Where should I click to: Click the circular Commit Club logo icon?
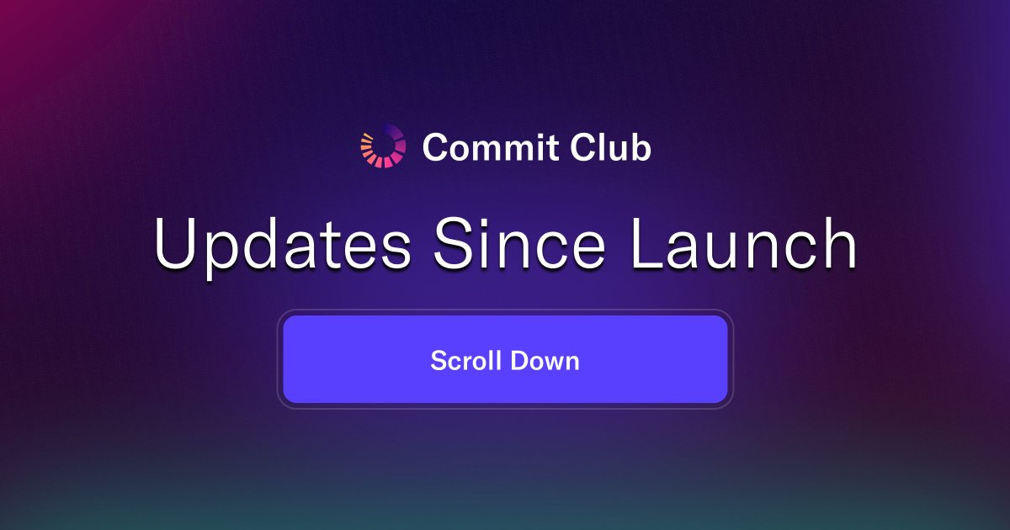(383, 146)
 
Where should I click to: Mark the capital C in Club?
(583, 148)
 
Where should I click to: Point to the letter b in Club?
(641, 148)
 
